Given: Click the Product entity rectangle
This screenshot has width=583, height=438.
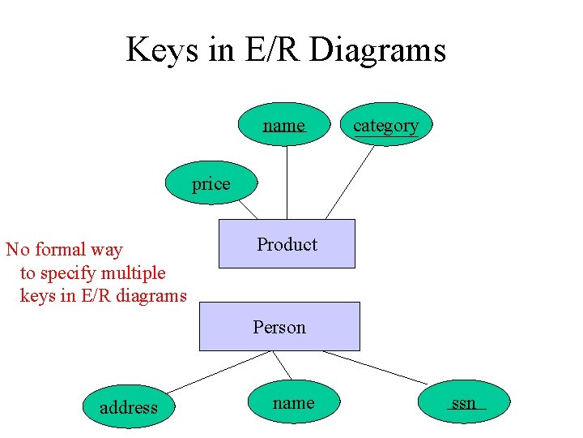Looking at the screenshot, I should [x=287, y=243].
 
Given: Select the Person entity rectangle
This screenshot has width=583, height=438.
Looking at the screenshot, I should [x=279, y=326].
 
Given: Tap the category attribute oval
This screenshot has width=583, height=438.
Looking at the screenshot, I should [x=385, y=125].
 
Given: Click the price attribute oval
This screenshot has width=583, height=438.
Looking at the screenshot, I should [x=211, y=184].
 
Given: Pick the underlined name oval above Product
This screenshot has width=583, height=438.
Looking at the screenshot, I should [x=284, y=125].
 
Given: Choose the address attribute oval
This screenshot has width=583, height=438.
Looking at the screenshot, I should [x=128, y=407].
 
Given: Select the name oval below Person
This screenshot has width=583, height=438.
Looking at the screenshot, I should [x=293, y=402].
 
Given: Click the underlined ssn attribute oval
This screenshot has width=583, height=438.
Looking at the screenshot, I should [x=464, y=402].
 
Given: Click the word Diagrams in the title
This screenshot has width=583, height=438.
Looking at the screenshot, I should [x=377, y=50].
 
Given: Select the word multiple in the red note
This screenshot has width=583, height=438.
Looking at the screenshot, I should [x=132, y=273].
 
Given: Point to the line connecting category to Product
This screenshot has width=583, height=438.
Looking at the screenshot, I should [x=349, y=182].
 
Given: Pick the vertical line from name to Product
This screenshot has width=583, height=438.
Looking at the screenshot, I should [x=287, y=182].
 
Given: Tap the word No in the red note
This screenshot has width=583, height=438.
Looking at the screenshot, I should [x=18, y=250].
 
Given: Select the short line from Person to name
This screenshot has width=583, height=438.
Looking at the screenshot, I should [x=281, y=365].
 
